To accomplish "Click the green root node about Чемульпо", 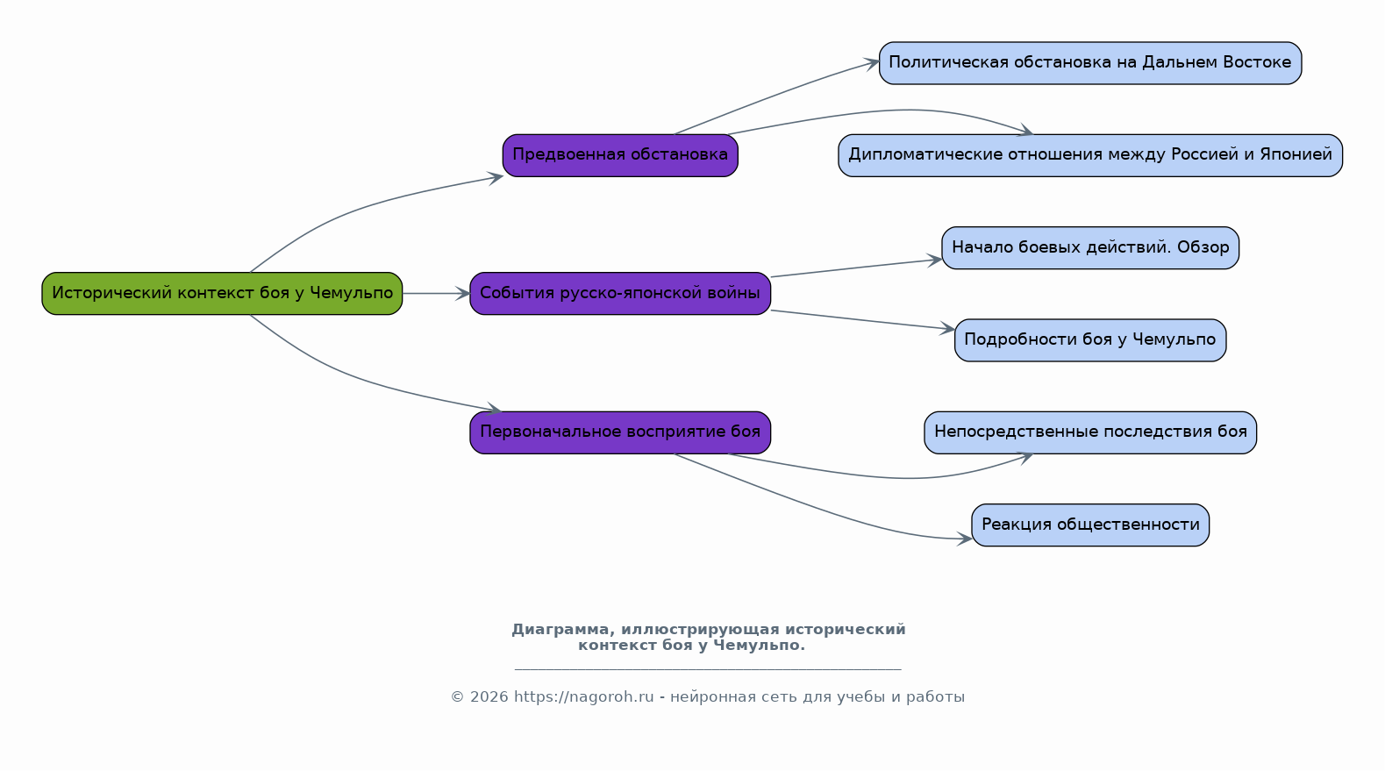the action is [222, 293].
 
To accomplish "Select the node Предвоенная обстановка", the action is [620, 155].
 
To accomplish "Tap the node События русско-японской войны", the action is [620, 293].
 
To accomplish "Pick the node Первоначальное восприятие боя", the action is [620, 432].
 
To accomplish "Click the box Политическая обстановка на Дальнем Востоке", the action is [1090, 63].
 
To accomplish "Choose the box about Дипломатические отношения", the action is [1090, 155].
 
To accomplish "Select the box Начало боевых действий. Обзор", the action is [1090, 247].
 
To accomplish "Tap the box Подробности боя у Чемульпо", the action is [1090, 340].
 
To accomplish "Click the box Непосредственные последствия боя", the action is [1090, 432].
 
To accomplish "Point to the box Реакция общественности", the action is [1090, 525].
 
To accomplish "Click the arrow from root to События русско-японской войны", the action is [436, 293].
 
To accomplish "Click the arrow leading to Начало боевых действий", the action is [856, 268].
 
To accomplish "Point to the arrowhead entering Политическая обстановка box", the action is [872, 62].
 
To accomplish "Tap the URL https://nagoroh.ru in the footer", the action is [583, 697].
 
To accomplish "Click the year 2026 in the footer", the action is [489, 697].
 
